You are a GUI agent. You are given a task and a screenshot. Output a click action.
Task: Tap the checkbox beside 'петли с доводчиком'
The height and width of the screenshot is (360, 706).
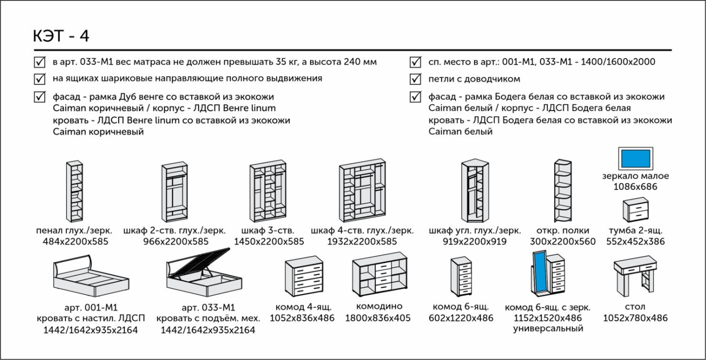[x=415, y=79]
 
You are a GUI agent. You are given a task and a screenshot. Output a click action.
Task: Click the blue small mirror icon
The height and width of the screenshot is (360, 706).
[x=635, y=158]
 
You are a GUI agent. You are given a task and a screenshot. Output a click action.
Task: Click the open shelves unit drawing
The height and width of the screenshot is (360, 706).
[x=563, y=190]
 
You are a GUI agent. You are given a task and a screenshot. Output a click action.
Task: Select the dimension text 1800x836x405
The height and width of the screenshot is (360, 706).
[x=378, y=318]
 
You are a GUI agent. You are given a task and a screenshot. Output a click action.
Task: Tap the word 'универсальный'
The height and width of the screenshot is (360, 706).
[x=548, y=329]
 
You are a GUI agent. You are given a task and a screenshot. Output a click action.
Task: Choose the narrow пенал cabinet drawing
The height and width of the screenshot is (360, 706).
[x=75, y=190]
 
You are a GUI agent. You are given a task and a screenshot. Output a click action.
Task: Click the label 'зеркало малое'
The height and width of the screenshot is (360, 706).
[x=636, y=176]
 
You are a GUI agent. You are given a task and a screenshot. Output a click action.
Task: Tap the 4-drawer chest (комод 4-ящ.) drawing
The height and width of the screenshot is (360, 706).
[x=302, y=278]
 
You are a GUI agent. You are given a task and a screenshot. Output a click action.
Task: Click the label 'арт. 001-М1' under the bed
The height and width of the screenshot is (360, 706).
[x=92, y=308]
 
